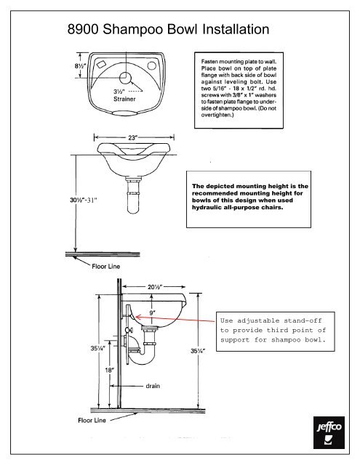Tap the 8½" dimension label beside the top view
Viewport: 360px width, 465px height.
[x=79, y=65]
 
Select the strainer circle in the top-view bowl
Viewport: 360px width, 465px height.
[x=127, y=77]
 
